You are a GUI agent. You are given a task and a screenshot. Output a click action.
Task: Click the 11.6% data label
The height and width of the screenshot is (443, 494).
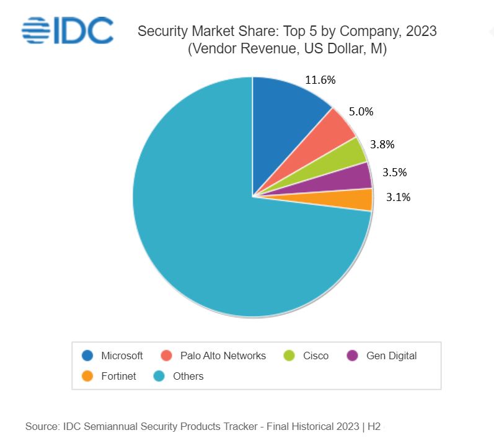tap(320, 79)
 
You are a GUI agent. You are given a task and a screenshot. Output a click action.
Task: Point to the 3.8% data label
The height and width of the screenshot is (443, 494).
tap(382, 145)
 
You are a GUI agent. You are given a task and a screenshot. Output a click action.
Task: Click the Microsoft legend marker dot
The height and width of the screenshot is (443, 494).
tap(88, 356)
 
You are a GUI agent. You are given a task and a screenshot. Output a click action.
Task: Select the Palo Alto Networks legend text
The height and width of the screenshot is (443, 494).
tap(223, 356)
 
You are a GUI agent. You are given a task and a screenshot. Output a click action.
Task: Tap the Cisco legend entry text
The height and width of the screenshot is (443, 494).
tap(316, 356)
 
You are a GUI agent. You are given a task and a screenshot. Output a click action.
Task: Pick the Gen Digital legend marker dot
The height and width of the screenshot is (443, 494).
tap(353, 356)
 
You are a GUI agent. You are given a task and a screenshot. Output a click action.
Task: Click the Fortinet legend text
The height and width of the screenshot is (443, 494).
tap(118, 375)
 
